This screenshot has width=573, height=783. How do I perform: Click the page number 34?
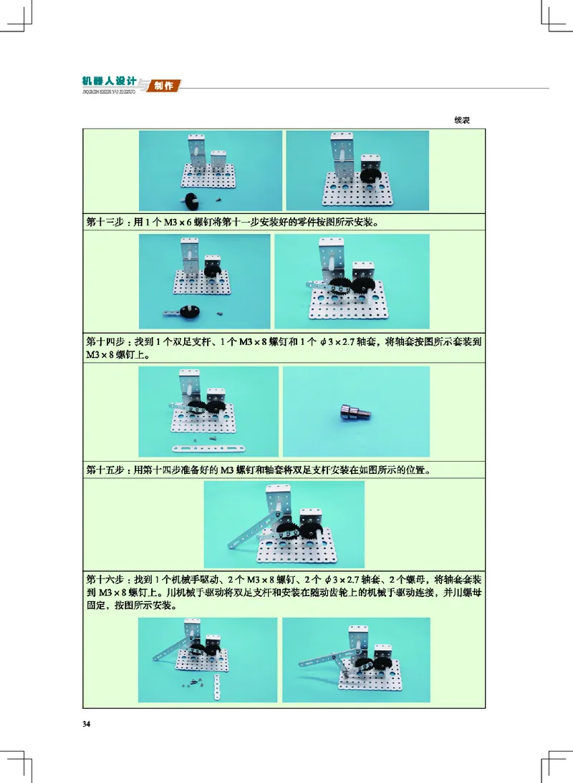tap(87, 724)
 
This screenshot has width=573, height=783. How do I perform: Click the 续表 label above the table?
tap(461, 120)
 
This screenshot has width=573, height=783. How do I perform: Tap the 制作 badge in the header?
tap(164, 86)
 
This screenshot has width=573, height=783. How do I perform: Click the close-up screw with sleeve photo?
tap(357, 412)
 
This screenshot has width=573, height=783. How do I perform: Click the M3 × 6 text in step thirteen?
tap(176, 221)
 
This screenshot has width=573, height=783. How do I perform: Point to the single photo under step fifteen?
tap(284, 525)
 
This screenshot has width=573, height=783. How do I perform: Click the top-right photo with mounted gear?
tap(357, 170)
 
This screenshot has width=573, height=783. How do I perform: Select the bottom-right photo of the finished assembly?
tap(356, 659)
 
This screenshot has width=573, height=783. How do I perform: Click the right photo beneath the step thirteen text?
tap(352, 281)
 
